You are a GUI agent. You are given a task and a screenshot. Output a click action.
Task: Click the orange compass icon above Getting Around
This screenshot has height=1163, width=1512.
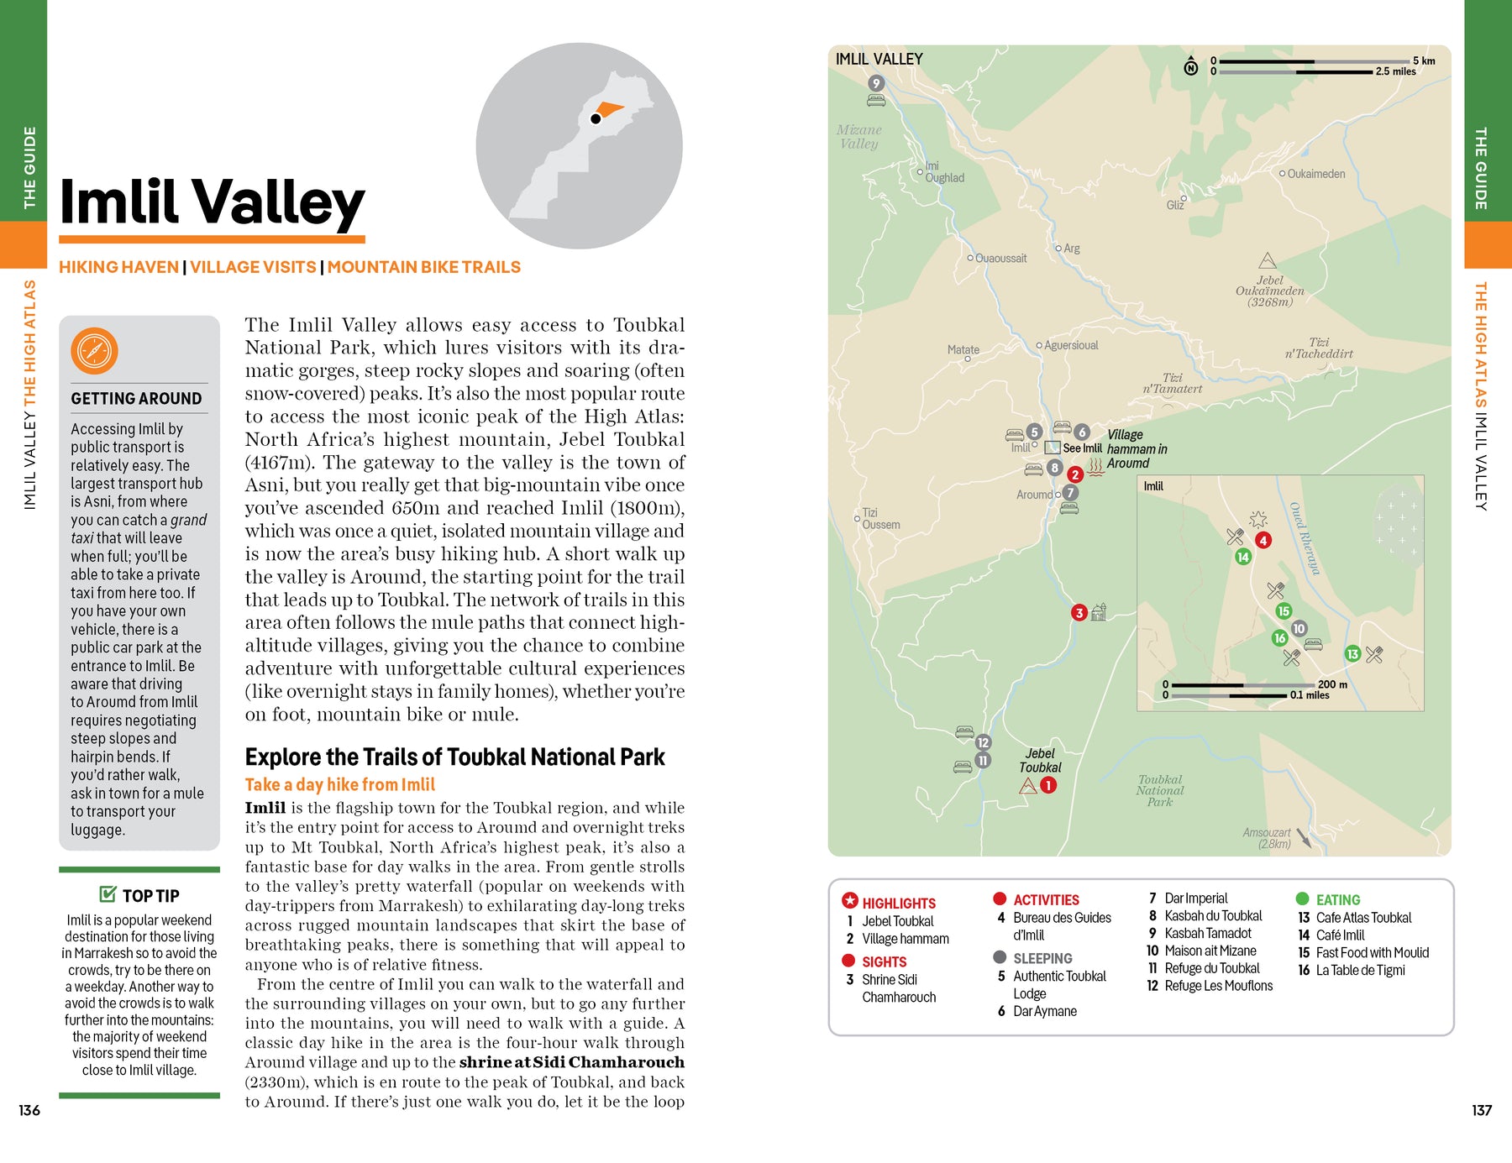tap(94, 351)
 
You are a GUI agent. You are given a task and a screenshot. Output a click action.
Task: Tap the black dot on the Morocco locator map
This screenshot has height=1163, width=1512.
tap(596, 119)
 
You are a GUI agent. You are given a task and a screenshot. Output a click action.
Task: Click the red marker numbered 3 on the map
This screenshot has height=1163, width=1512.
tap(1079, 613)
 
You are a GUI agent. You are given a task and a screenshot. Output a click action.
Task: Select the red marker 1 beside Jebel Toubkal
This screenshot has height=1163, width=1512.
tap(1048, 785)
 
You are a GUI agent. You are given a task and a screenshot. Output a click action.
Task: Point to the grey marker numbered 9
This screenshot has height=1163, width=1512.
tap(876, 83)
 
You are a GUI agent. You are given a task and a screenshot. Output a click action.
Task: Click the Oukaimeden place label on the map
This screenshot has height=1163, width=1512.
tap(1316, 174)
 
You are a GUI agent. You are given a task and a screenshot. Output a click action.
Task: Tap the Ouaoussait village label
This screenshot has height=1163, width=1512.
tap(1000, 259)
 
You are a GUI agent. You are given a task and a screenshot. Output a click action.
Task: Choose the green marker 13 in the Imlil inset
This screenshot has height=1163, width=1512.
tap(1352, 654)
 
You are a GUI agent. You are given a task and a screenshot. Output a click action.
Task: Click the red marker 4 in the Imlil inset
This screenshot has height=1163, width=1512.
tap(1263, 541)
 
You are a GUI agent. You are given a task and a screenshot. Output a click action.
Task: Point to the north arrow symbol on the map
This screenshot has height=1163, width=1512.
tap(1191, 67)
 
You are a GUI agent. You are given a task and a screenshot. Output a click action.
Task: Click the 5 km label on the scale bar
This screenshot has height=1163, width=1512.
tap(1424, 60)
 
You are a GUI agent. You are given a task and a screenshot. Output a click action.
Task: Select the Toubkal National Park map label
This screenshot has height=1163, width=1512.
tap(1160, 791)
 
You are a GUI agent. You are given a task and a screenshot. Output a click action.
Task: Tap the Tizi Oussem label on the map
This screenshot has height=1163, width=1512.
tap(880, 519)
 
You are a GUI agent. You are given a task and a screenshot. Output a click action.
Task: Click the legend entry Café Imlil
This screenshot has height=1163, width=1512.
tap(1340, 935)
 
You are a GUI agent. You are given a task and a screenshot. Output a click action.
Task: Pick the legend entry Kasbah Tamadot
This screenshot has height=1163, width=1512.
tap(1207, 933)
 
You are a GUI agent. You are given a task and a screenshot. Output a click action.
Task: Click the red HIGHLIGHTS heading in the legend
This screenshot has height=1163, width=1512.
tap(898, 904)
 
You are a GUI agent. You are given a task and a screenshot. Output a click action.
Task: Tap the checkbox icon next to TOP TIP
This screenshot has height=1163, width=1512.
tap(108, 894)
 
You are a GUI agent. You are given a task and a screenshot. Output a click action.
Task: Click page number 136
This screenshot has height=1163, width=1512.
tap(29, 1110)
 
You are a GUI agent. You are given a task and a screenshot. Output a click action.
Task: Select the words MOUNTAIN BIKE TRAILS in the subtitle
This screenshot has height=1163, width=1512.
tap(423, 267)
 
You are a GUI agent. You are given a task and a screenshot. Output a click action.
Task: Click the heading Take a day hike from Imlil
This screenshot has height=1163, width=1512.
tap(339, 784)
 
